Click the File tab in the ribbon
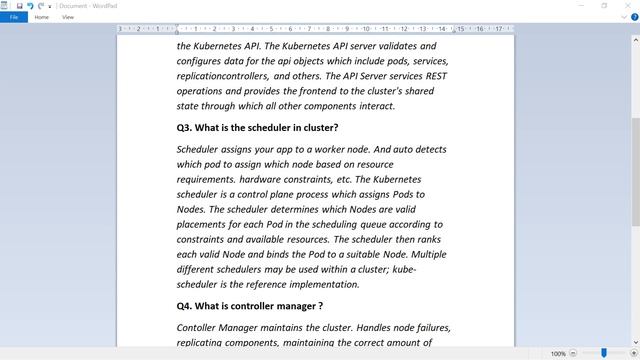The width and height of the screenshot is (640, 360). click(x=14, y=17)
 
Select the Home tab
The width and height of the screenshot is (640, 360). click(x=42, y=17)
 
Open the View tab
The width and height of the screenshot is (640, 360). click(x=68, y=17)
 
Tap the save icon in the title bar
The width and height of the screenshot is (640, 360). click(x=19, y=6)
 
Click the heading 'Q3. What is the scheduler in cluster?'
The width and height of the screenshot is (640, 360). click(x=257, y=127)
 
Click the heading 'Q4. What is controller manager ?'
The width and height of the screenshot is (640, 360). click(x=249, y=306)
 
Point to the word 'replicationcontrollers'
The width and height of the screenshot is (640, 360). click(x=222, y=76)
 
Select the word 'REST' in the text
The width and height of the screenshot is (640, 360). click(x=435, y=76)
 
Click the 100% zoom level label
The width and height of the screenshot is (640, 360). click(x=558, y=353)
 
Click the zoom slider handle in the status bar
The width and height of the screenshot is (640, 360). click(x=604, y=353)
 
